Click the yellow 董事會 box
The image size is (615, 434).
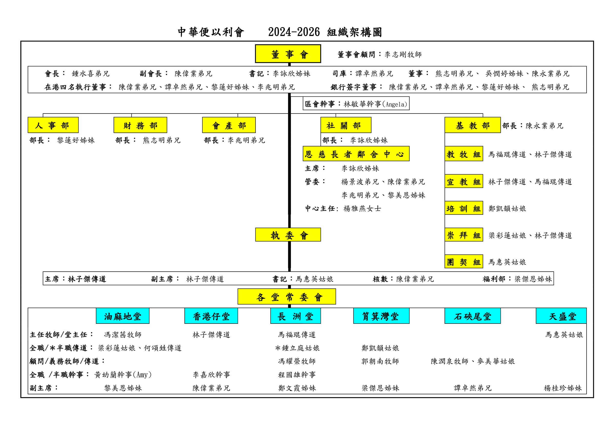pos(288,54)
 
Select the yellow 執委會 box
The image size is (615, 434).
pos(288,235)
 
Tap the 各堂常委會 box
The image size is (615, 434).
pos(286,297)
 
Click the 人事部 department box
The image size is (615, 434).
pos(53,125)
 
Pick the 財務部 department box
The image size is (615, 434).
pos(140,125)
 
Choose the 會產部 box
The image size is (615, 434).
pos(229,125)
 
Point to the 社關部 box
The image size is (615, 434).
pos(346,125)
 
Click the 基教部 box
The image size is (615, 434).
pos(473,125)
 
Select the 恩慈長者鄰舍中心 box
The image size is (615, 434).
pos(356,154)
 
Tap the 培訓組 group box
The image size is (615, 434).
pos(464,208)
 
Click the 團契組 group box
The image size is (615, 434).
pos(464,262)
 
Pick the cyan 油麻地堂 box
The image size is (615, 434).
pos(123,316)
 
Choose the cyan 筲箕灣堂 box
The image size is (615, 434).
pos(381,316)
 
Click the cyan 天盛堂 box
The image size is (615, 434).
pos(561,316)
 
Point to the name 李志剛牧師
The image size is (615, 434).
pos(403,54)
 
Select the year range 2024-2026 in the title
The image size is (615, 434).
pos(294,32)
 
